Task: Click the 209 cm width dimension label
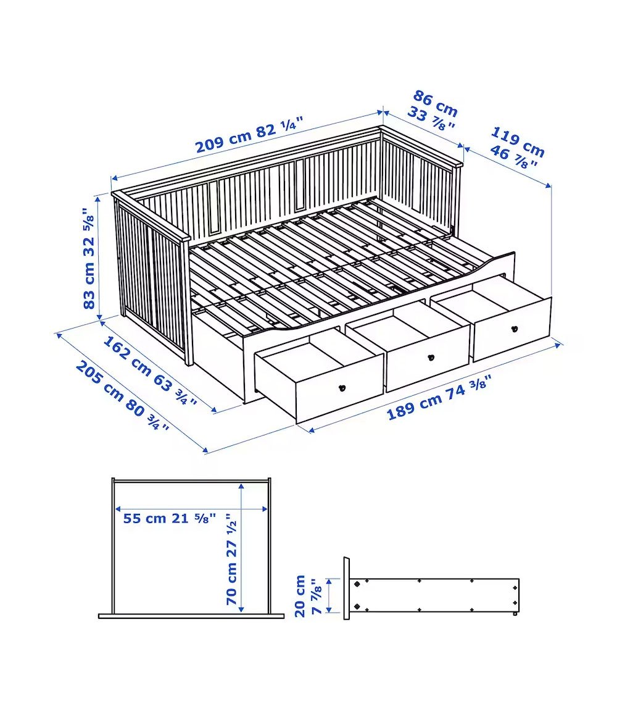(x=249, y=134)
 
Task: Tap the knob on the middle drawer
(x=431, y=358)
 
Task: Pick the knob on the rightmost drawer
(x=515, y=329)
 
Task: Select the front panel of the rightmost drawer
(x=511, y=329)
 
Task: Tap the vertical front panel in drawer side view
(x=346, y=589)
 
